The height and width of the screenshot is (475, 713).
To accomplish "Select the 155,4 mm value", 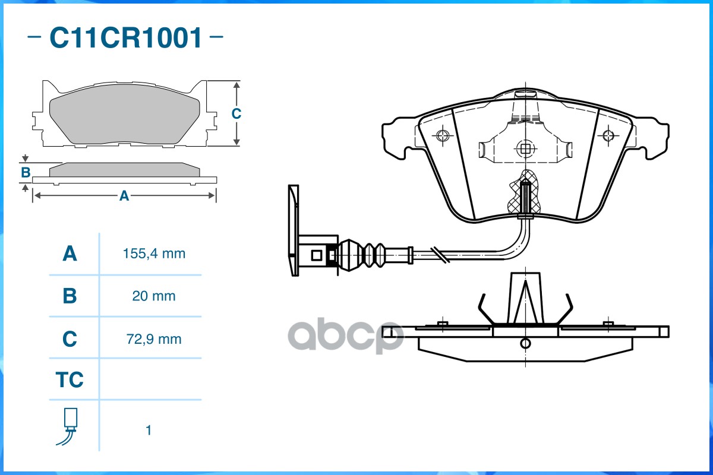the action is (x=154, y=254).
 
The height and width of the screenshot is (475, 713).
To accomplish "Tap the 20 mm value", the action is (x=154, y=296).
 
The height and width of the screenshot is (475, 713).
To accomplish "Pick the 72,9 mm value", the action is (x=154, y=339).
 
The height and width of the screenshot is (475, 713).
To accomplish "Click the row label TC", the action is (x=70, y=379).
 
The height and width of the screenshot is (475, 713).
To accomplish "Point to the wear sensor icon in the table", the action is (x=68, y=426).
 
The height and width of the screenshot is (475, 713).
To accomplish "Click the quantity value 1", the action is (x=149, y=430).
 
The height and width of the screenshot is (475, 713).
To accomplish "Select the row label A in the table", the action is (x=70, y=254).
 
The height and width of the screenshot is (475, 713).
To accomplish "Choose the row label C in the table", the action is (x=70, y=339).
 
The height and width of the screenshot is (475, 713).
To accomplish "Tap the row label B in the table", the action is (x=70, y=296).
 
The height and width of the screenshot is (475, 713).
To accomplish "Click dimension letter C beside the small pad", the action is (x=236, y=113).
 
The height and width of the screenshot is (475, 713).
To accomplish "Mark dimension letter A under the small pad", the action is (x=124, y=196).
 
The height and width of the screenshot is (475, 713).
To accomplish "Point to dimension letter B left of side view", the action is (x=25, y=173).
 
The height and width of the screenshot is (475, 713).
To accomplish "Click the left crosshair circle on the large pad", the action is (x=441, y=135).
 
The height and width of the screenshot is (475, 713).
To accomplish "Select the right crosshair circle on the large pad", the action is (x=607, y=135).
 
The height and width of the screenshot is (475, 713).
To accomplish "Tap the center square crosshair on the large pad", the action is (x=524, y=148).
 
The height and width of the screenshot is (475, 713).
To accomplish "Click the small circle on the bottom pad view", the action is (x=525, y=343).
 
